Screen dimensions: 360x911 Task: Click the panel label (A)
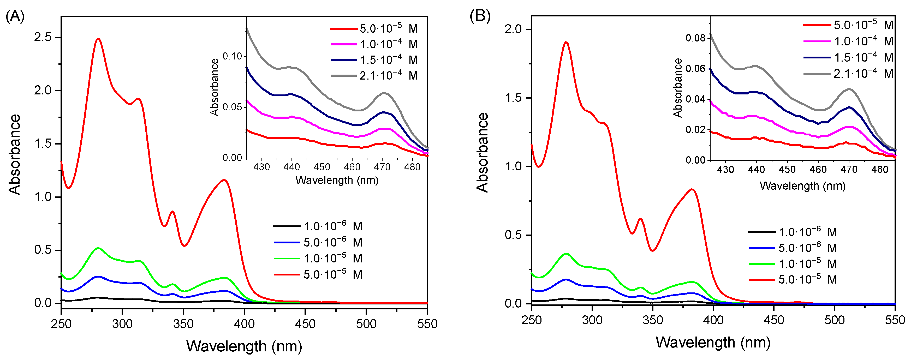coord(15,16)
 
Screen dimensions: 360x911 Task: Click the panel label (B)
coord(480,16)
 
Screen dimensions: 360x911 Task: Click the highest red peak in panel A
coord(98,39)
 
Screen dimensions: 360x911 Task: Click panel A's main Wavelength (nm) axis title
coord(244,346)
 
